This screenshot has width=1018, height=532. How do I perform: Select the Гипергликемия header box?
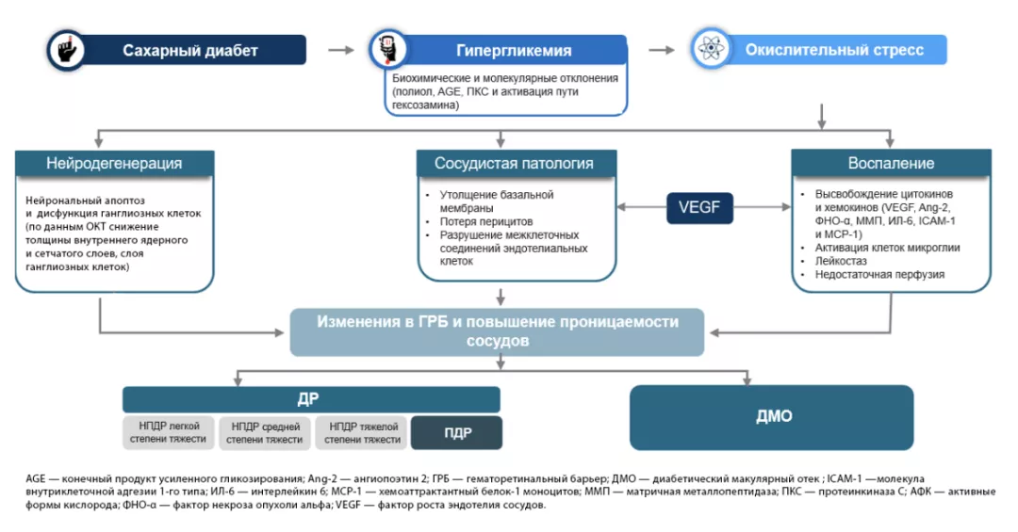point(514,50)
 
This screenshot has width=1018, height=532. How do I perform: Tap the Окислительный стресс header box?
point(833,50)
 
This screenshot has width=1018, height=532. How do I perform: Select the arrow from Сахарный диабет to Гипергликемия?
point(339,49)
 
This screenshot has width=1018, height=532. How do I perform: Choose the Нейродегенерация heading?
point(114,164)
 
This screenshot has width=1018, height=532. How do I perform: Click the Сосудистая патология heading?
point(514,164)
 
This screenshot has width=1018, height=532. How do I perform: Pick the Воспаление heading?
point(890,164)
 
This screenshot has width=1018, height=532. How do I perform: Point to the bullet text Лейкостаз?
point(842,261)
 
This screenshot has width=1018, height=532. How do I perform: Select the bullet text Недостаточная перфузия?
point(872,274)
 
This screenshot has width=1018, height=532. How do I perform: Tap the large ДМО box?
point(771,416)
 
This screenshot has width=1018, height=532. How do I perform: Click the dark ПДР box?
point(456,433)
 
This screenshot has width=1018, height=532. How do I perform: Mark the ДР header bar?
point(312,398)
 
